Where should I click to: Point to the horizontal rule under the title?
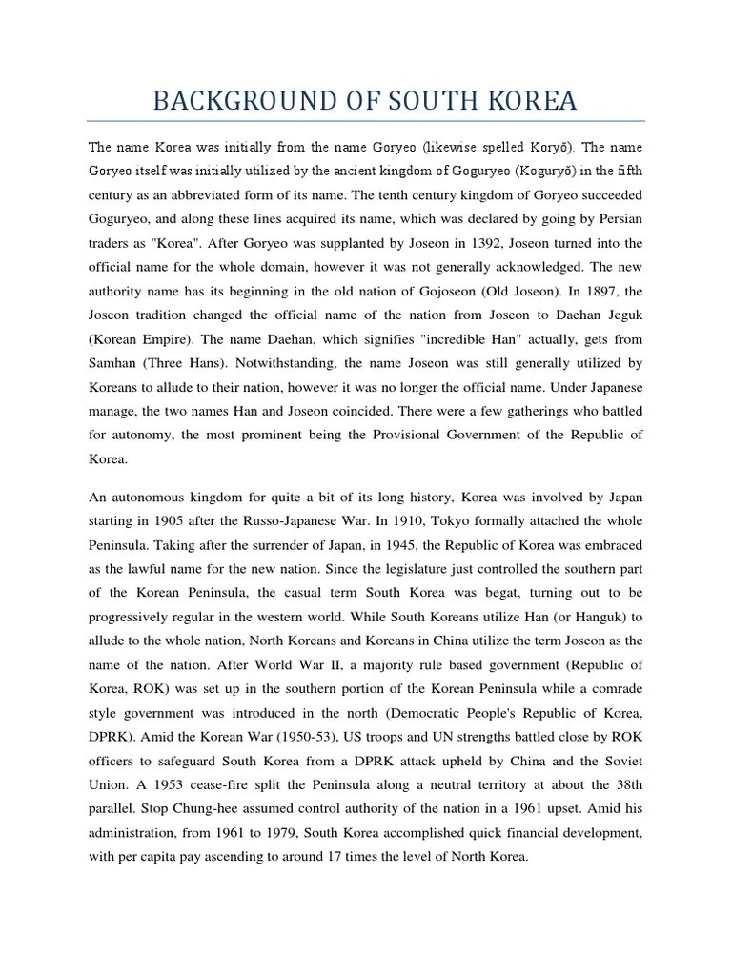point(365,121)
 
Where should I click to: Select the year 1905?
point(183,520)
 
